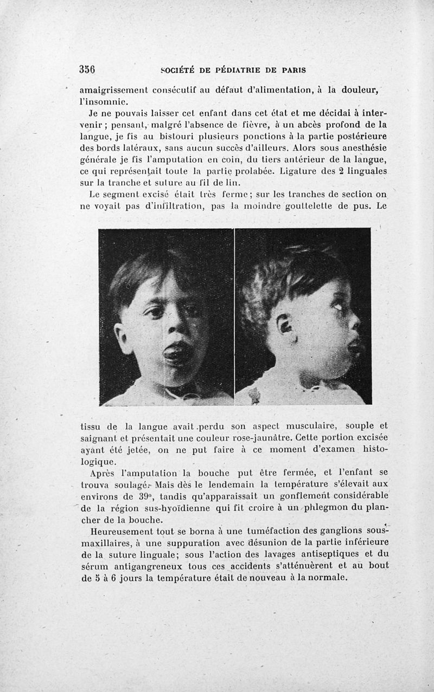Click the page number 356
coord(87,69)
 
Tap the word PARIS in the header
coord(290,70)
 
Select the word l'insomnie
coord(103,101)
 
